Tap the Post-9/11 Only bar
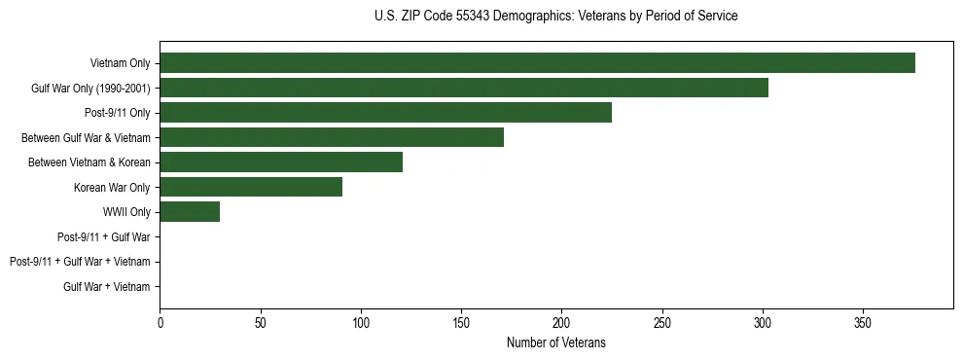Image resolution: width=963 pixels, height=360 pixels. pyautogui.click(x=385, y=113)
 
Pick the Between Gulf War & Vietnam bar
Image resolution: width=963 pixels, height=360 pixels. pyautogui.click(x=332, y=137)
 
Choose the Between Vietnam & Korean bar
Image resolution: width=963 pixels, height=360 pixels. pyautogui.click(x=281, y=162)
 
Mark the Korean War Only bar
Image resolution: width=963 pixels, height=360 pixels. pyautogui.click(x=251, y=187)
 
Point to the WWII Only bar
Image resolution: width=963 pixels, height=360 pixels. pyautogui.click(x=190, y=211)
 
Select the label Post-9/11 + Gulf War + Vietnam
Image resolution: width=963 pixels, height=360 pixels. pyautogui.click(x=80, y=262)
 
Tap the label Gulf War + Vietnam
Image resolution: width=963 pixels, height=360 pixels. pyautogui.click(x=106, y=286)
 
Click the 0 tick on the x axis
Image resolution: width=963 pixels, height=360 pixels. pyautogui.click(x=160, y=322)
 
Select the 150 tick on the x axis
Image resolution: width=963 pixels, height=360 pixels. pyautogui.click(x=461, y=322)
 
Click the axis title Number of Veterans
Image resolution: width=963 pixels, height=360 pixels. pyautogui.click(x=555, y=342)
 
